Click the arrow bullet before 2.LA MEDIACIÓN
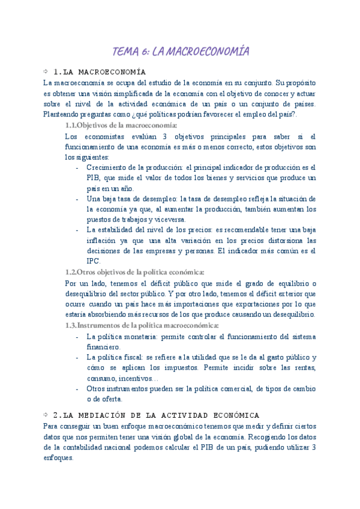(46, 415)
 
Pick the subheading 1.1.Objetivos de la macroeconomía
(121, 125)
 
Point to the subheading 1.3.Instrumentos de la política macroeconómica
(141, 325)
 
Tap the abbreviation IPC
(93, 261)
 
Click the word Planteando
(64, 113)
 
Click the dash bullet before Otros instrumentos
(78, 388)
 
